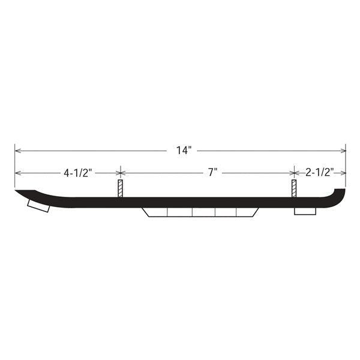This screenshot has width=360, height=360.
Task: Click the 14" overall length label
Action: [x=182, y=151]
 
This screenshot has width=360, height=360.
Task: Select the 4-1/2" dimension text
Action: [x=78, y=173]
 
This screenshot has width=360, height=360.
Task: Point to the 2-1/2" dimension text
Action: [x=319, y=173]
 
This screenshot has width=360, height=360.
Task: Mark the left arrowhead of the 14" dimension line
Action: [x=18, y=150]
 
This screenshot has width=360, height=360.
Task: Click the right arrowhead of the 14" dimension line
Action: [x=343, y=150]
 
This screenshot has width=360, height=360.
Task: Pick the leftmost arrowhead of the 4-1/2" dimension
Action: [x=18, y=173]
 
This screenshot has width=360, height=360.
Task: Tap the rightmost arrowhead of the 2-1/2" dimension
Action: [x=343, y=173]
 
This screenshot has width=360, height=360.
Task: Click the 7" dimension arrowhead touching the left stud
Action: [x=124, y=173]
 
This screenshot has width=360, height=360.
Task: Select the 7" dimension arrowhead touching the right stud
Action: [x=290, y=173]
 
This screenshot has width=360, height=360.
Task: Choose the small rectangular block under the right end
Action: [x=305, y=211]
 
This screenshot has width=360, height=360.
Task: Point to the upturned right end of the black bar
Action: [x=340, y=194]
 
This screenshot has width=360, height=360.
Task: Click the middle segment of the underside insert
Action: [x=203, y=213]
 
